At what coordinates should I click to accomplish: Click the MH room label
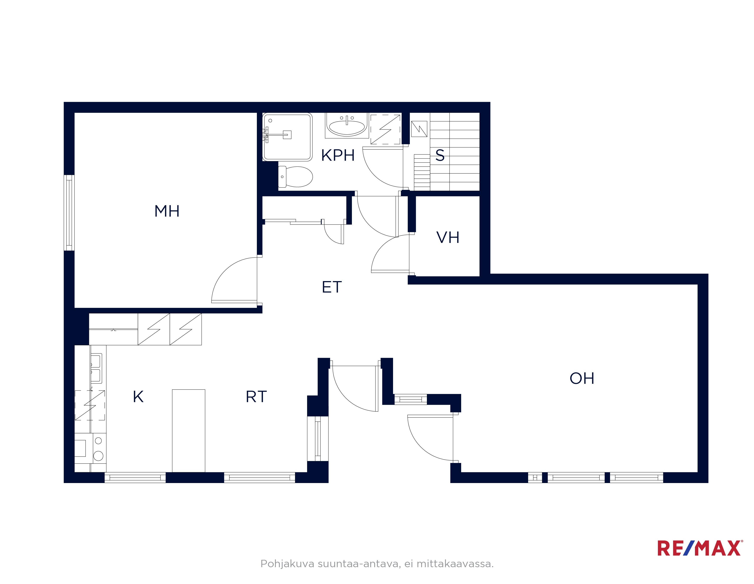(x=167, y=211)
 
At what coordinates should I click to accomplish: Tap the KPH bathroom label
(x=338, y=156)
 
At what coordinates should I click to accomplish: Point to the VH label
(x=448, y=237)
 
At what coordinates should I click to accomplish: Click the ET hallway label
(x=332, y=287)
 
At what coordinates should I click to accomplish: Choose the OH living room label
(x=582, y=378)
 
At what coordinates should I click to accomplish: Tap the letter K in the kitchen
(x=138, y=397)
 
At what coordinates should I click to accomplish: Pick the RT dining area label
(x=256, y=397)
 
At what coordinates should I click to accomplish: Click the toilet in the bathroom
(x=295, y=177)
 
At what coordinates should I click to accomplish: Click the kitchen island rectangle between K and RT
(x=189, y=431)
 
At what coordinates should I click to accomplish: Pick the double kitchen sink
(x=96, y=368)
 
